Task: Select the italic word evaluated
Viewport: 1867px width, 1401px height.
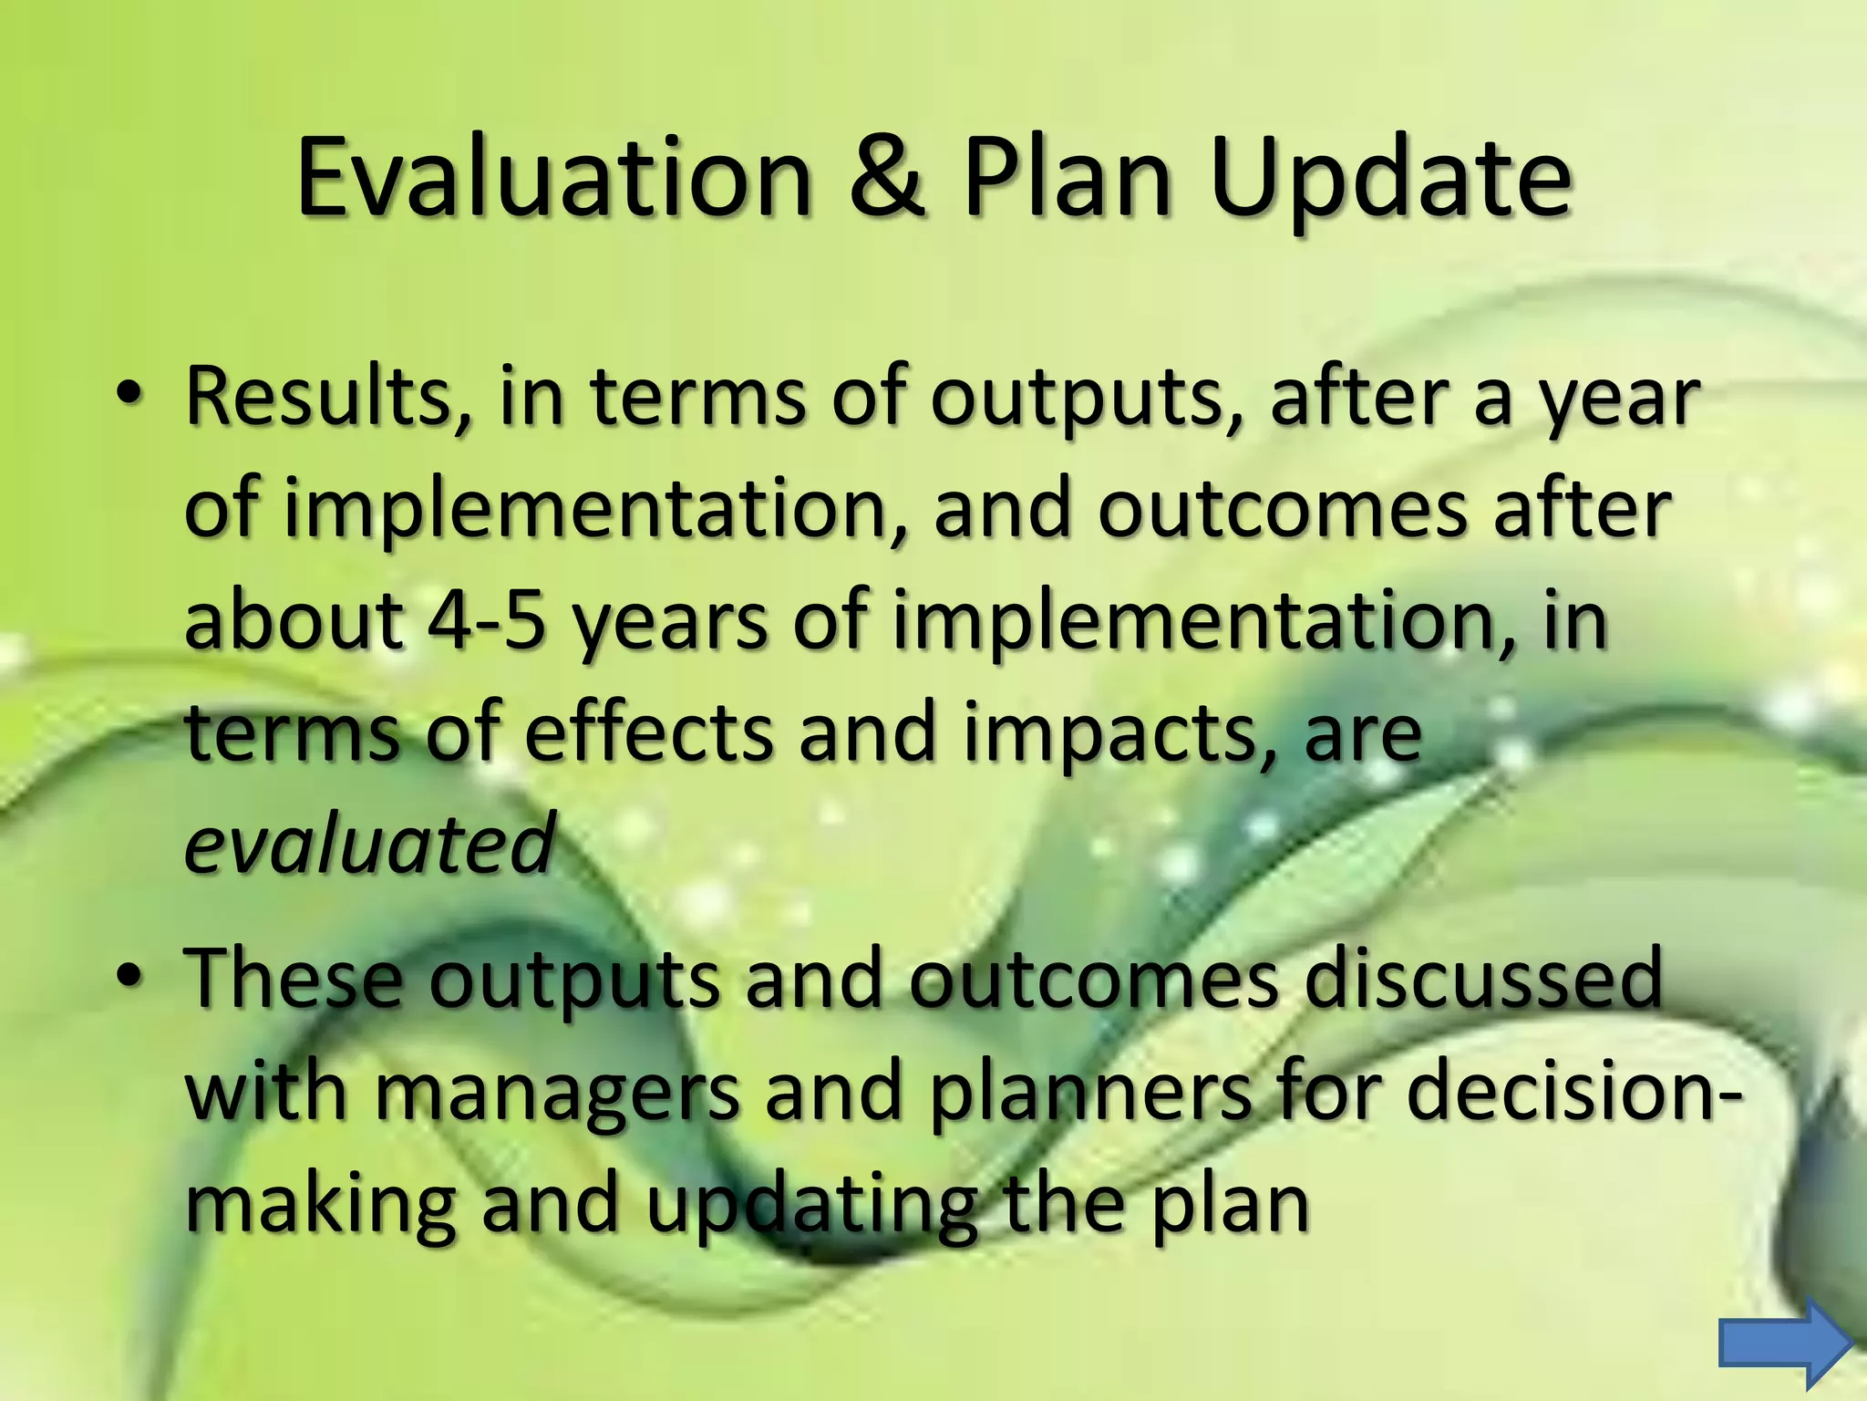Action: (x=369, y=844)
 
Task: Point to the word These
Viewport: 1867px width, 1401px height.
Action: (x=293, y=978)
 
